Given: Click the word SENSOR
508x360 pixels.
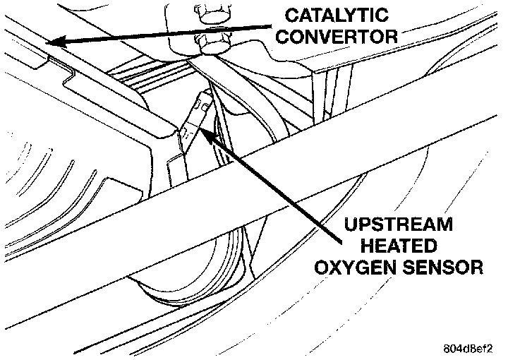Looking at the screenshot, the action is [450, 268].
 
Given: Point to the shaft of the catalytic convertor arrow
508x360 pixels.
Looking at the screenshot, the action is [176, 30].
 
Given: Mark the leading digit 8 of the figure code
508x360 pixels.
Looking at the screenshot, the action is [447, 347].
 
